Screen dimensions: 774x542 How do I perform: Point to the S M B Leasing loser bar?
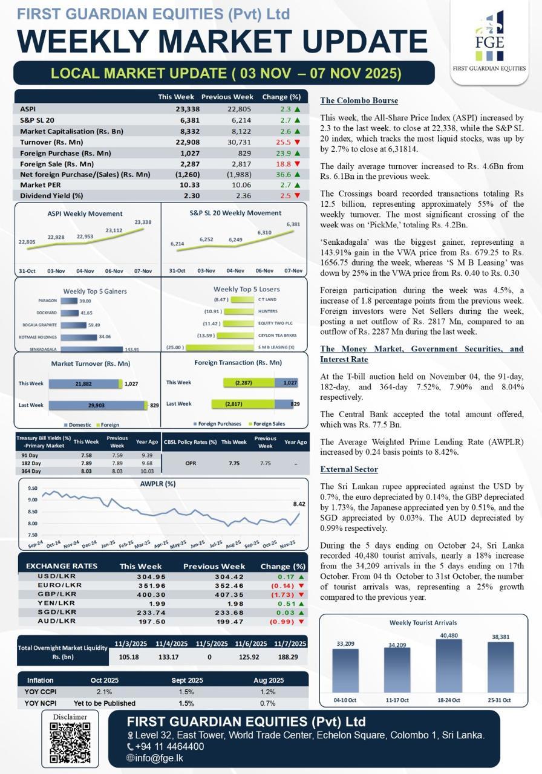(x=220, y=348)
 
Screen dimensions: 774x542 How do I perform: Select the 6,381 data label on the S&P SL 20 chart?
(x=293, y=224)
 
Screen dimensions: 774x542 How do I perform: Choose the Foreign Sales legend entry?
(x=269, y=424)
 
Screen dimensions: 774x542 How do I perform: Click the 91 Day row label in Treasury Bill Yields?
(x=30, y=455)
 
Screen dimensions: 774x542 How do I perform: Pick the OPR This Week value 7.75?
(x=234, y=463)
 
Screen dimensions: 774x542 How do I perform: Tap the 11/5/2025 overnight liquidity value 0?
(x=209, y=657)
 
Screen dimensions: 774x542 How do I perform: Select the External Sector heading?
(x=349, y=469)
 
